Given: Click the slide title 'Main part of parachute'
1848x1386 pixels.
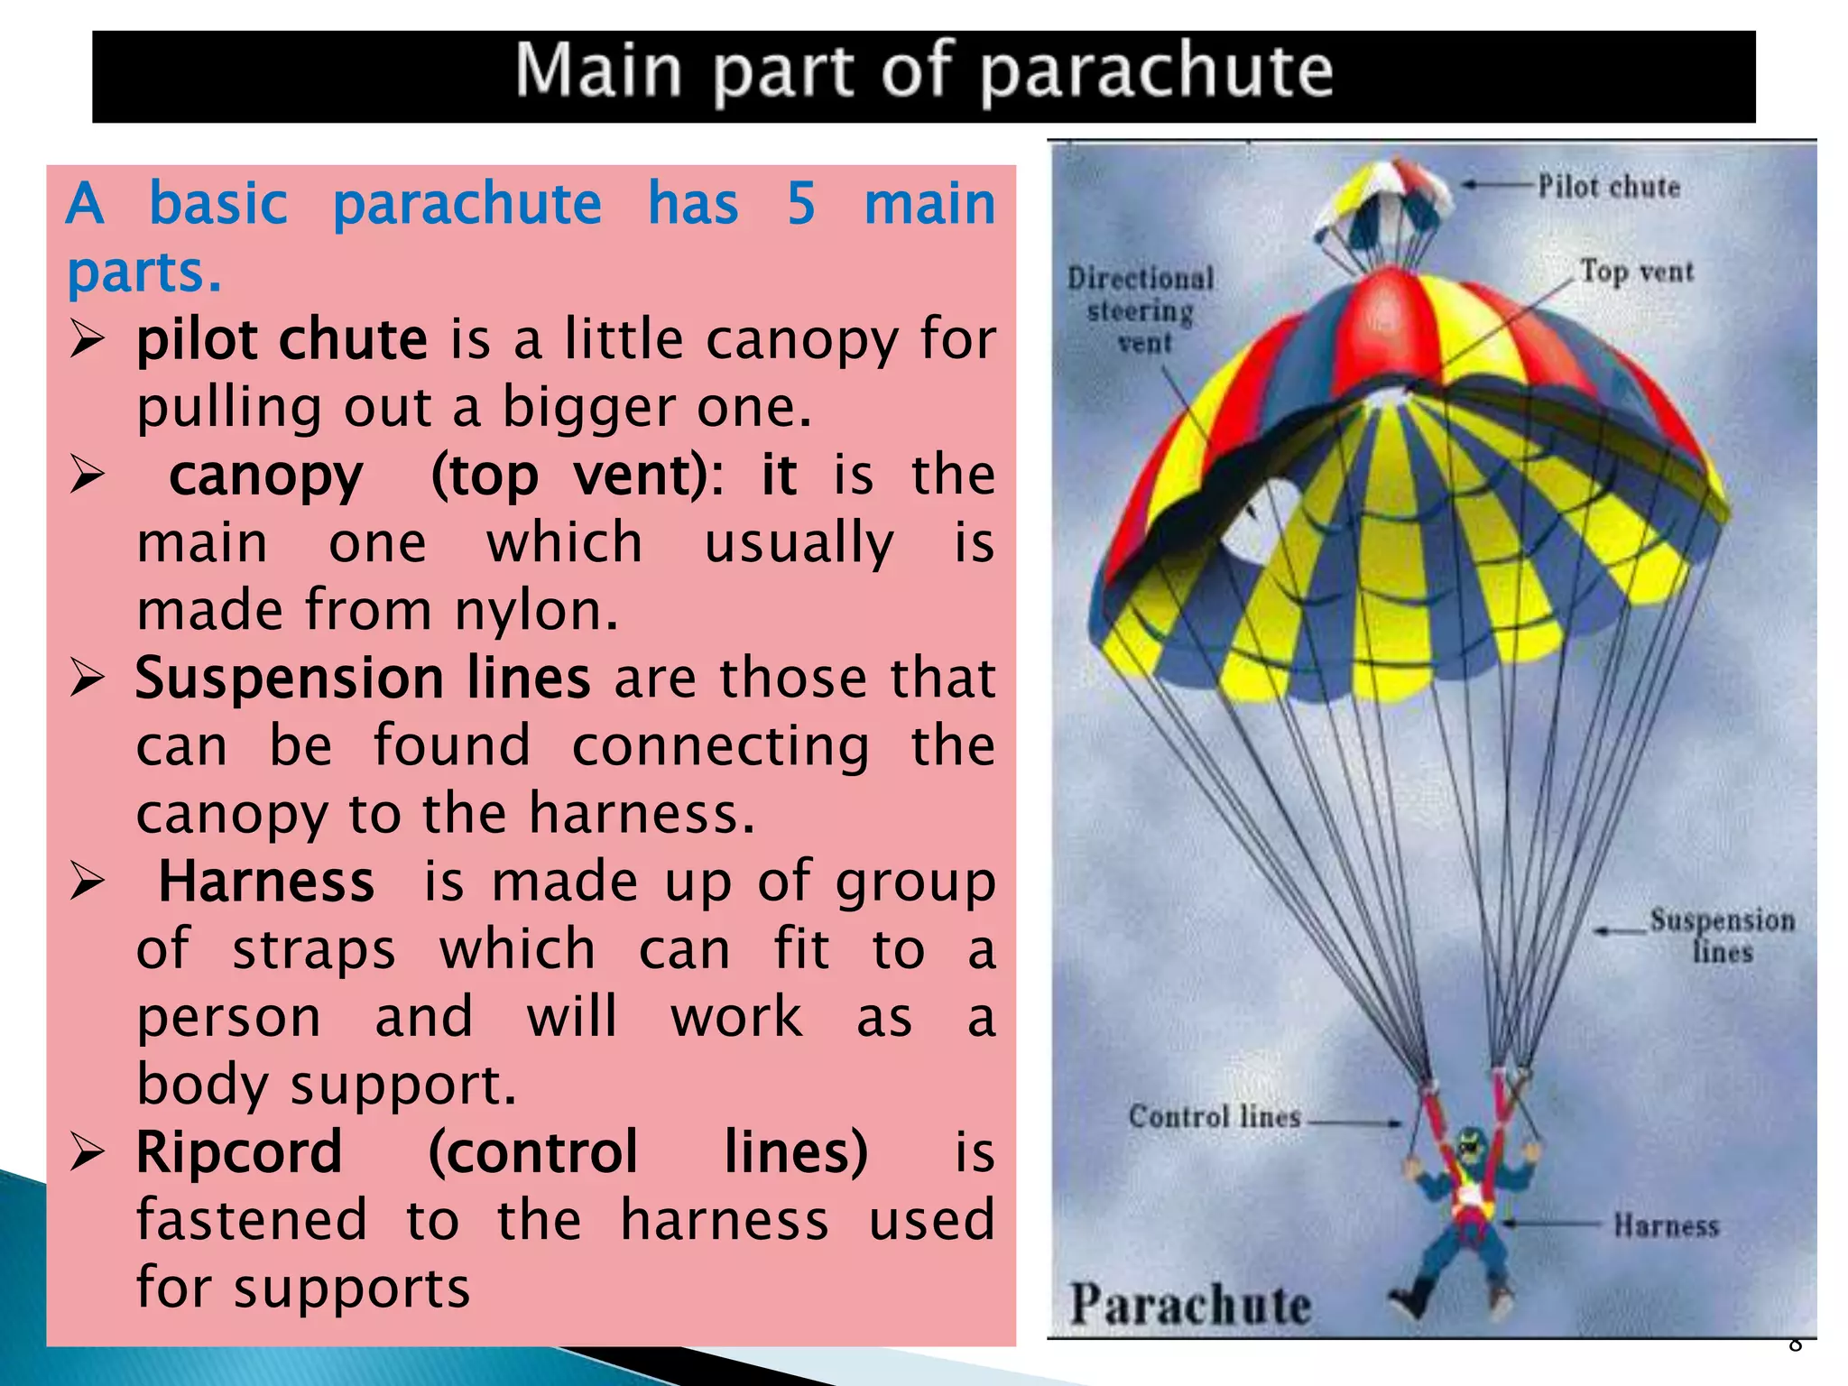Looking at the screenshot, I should point(923,72).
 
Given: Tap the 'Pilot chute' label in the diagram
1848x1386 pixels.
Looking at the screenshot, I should point(1609,187).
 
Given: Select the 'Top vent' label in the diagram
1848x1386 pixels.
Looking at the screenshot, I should point(1636,271).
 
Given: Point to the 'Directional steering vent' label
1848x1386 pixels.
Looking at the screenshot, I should point(1141,310).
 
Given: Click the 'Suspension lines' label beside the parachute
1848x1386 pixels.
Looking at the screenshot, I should point(1722,936).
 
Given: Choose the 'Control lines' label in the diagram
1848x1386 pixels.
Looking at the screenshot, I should point(1215,1117).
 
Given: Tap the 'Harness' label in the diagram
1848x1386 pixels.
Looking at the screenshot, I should point(1666,1225).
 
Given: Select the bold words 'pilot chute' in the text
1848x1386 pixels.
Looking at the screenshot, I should point(282,340).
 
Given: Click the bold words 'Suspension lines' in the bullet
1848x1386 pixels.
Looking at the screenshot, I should point(363,679).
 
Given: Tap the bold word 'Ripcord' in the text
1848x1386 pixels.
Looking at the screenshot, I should point(239,1152).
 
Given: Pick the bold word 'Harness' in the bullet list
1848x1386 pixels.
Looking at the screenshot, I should point(266,882).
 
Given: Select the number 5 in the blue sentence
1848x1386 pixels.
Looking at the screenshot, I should point(801,204).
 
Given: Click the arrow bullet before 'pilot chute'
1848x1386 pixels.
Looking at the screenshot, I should point(88,340).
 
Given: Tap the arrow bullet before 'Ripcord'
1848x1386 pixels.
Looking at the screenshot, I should point(88,1152).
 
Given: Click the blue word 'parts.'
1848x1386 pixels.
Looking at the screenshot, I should point(144,272).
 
